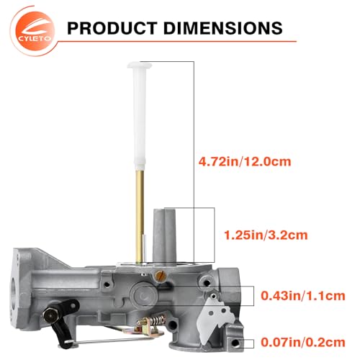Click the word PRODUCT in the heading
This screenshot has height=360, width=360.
112,28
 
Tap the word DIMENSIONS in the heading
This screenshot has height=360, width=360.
222,28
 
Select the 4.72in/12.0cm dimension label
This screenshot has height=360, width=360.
245,161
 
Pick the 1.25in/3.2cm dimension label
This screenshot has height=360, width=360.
266,235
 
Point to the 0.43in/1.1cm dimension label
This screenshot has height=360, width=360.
303,296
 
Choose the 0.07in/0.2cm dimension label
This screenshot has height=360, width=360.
303,342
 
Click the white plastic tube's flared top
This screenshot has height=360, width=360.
140,66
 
